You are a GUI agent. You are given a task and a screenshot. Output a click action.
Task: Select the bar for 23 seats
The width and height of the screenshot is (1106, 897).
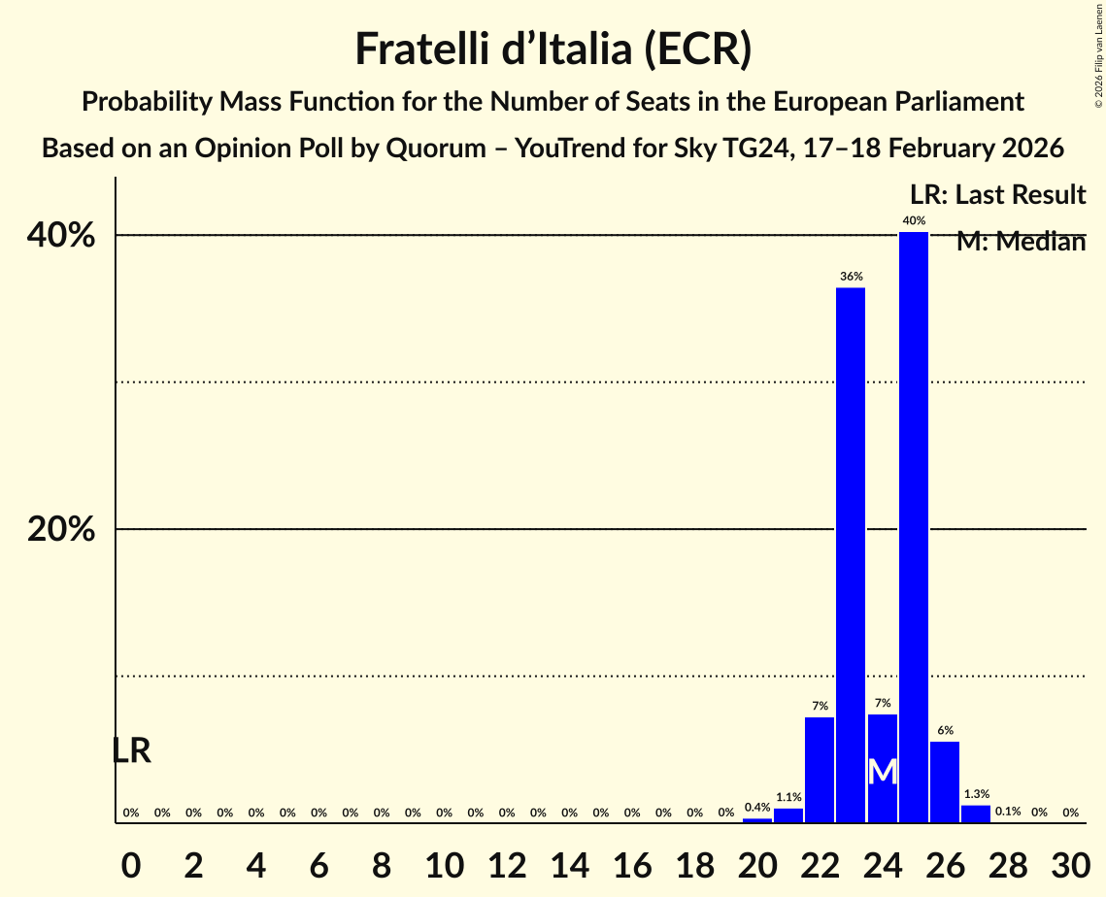851,554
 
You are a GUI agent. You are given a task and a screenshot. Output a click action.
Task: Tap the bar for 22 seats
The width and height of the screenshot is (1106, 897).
820,769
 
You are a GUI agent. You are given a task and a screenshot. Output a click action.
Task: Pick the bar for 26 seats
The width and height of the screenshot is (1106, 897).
945,781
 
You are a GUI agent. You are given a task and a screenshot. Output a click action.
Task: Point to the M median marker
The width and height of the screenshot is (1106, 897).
882,772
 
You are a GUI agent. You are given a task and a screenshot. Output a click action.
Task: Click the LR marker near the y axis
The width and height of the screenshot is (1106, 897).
131,750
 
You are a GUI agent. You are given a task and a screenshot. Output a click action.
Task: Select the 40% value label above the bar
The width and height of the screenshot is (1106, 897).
913,221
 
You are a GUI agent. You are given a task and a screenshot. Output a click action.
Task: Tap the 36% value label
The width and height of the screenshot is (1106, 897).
851,277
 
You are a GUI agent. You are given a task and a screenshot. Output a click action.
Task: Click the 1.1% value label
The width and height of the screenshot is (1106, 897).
788,797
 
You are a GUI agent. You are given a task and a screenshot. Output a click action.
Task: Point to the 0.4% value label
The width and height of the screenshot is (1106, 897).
757,807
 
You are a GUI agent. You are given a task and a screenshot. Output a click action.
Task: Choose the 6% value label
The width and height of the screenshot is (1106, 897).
945,730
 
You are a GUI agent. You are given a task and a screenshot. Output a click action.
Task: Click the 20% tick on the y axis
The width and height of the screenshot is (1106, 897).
60,530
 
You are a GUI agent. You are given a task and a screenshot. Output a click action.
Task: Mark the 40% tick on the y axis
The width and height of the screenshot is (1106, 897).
60,235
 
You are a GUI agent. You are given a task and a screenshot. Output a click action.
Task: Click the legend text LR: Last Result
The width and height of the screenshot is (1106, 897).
997,195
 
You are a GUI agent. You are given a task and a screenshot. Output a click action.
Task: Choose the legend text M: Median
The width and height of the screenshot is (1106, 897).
1021,242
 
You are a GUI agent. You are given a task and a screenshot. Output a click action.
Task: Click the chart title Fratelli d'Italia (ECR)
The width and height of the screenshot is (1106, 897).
553,49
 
